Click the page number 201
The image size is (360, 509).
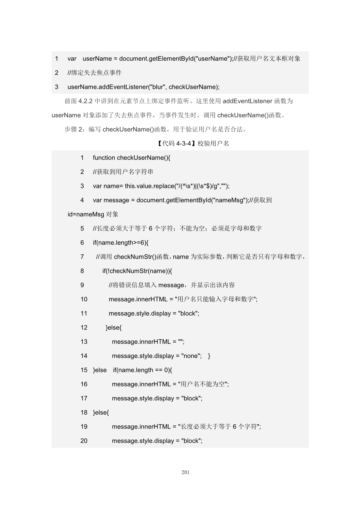point(186,472)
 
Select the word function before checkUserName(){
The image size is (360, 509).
point(104,158)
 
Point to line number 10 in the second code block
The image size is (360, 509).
point(84,299)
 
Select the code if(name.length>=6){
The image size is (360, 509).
point(120,243)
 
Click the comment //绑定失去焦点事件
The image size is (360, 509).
point(95,73)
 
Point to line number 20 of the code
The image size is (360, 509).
point(84,441)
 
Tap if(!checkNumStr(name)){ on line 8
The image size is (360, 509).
point(137,271)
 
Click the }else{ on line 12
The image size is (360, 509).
point(114,328)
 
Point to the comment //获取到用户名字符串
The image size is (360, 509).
point(123,172)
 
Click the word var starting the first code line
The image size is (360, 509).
point(72,59)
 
